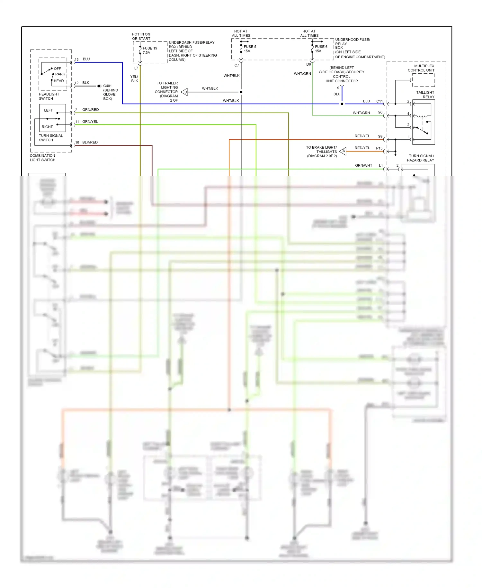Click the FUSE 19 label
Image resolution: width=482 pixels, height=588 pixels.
coord(150,48)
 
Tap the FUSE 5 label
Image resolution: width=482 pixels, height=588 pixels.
coord(250,47)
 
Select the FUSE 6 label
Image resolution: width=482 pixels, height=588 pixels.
coord(321,47)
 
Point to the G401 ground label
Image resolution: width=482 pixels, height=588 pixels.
coord(107,86)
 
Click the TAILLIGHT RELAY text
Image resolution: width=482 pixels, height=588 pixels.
coord(425,95)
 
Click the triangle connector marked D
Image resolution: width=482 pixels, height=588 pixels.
coord(185,92)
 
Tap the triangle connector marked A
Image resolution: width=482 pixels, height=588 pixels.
coord(343,151)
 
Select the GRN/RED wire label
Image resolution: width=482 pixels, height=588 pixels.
coord(90,110)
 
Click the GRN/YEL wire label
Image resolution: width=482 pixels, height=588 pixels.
coord(90,122)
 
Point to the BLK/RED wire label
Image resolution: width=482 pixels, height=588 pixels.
coord(90,142)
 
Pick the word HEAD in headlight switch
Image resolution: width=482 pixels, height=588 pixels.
coord(59,81)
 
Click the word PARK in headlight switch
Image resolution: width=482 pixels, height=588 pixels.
coord(60,74)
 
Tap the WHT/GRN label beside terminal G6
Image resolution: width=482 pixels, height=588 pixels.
coord(361,113)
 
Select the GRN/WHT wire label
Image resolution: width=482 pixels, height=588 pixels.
coord(363,165)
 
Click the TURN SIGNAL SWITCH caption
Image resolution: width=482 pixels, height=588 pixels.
coord(51,138)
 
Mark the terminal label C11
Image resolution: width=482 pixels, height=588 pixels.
coord(379,101)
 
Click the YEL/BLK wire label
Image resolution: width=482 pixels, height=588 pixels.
coord(134,79)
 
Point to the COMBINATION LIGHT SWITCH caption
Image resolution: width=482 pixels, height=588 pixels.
coord(42,158)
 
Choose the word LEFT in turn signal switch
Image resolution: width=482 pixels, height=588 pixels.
coord(49,110)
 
